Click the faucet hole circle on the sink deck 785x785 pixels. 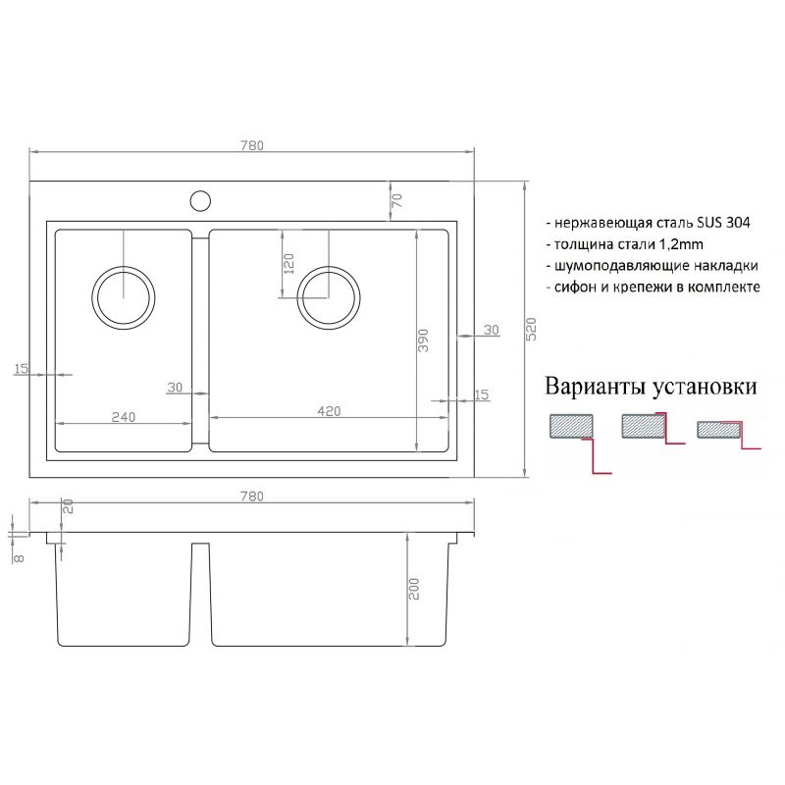tap(200, 201)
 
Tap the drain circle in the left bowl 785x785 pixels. tap(124, 295)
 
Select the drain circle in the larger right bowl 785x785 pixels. tap(329, 295)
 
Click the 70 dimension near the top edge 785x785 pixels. tap(397, 200)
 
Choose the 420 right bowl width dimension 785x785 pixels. tap(329, 411)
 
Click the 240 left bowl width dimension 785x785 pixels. tap(123, 416)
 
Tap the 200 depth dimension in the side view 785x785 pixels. tap(414, 589)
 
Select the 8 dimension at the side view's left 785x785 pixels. tap(18, 556)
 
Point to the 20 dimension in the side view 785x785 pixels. tap(69, 506)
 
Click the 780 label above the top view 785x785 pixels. tap(252, 144)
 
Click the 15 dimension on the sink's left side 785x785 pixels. tap(22, 369)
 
